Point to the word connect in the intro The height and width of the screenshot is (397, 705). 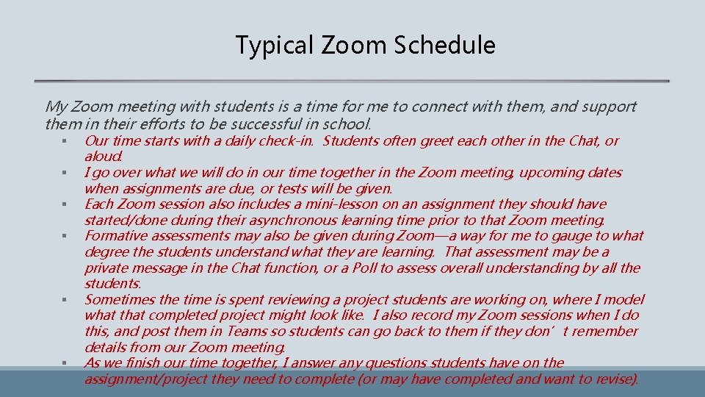[438, 107]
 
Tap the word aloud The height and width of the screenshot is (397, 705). [104, 156]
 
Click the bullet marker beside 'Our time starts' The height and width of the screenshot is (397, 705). [65, 141]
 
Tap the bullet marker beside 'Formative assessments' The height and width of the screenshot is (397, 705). [65, 237]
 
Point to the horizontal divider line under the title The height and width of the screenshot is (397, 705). [352, 80]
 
